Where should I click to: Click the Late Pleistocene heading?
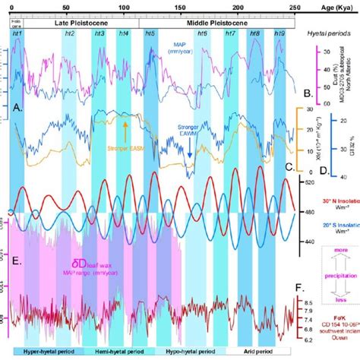pyautogui.click(x=76, y=24)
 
